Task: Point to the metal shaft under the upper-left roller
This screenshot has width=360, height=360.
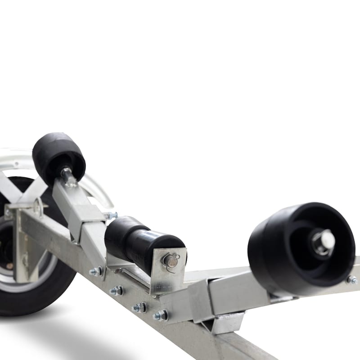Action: pyautogui.click(x=68, y=177)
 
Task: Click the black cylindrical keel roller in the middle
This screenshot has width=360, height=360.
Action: pyautogui.click(x=135, y=241)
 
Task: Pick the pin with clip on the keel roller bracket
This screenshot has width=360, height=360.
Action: pyautogui.click(x=171, y=260)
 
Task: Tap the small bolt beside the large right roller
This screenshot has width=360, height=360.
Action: pyautogui.click(x=351, y=279)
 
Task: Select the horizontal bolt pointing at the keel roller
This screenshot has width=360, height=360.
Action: pyautogui.click(x=110, y=216)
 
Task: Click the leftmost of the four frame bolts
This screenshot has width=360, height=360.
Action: pyautogui.click(x=96, y=271)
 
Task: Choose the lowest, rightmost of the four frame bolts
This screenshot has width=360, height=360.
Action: pyautogui.click(x=160, y=316)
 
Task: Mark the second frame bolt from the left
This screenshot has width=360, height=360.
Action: pyautogui.click(x=117, y=291)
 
